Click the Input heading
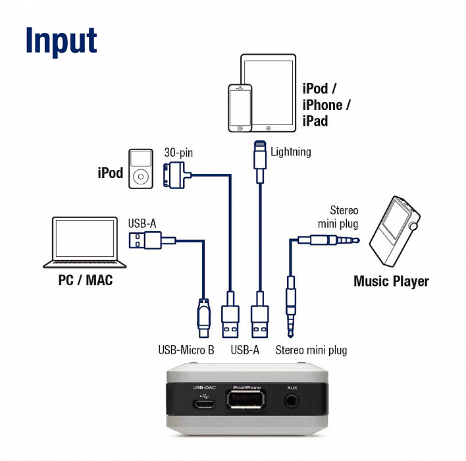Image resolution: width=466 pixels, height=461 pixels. point(61,41)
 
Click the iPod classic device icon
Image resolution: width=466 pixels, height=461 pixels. point(140,169)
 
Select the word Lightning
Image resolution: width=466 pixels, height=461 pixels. point(290,152)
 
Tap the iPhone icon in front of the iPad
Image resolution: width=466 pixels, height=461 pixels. point(240,108)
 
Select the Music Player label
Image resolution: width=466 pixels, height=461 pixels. point(391,282)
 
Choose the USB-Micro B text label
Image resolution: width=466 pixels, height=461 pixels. point(186,350)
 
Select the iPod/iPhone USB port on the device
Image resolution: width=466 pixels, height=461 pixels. point(247,400)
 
